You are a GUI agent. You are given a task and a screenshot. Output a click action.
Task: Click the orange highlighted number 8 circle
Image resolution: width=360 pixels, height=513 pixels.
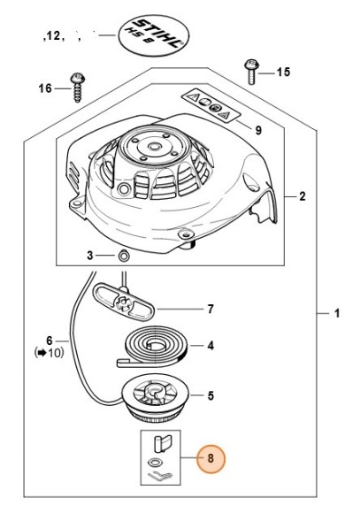pyautogui.click(x=211, y=458)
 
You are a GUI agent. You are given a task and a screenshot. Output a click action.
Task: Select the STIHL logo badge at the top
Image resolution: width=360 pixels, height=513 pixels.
pyautogui.click(x=152, y=34)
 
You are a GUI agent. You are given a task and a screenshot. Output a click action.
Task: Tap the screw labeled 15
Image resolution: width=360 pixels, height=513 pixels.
pyautogui.click(x=251, y=72)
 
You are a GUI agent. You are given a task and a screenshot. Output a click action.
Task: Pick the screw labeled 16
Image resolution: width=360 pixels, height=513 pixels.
pyautogui.click(x=78, y=88)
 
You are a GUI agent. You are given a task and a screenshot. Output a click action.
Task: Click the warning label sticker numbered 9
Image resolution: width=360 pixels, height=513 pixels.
pyautogui.click(x=211, y=105)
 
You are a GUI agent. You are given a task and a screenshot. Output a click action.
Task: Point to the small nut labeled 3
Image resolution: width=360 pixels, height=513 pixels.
pyautogui.click(x=123, y=256)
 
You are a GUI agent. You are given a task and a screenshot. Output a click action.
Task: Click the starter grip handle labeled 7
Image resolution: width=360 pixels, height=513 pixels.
pyautogui.click(x=124, y=302)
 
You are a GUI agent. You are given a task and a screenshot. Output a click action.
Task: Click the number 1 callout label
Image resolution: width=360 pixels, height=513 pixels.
pyautogui.click(x=337, y=313)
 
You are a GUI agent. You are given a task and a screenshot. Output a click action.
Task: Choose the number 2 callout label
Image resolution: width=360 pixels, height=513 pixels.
pyautogui.click(x=303, y=196)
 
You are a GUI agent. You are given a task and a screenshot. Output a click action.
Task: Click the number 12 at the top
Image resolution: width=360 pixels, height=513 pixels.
pyautogui.click(x=53, y=35)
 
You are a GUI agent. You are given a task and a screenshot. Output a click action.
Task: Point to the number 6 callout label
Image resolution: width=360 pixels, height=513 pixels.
pyautogui.click(x=50, y=341)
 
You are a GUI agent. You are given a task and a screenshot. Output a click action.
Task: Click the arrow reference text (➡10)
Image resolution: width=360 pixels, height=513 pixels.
pyautogui.click(x=50, y=353)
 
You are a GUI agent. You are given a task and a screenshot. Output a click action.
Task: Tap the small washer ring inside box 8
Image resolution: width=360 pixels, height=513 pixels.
pyautogui.click(x=153, y=463)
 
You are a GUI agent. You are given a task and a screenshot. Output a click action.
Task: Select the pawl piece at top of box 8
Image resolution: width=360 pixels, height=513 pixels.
pyautogui.click(x=163, y=442)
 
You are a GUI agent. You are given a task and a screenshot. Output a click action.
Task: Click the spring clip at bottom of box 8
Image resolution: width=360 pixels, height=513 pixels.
pyautogui.click(x=160, y=476)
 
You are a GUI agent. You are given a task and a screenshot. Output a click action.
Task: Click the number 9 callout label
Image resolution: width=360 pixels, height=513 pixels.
pyautogui.click(x=258, y=131)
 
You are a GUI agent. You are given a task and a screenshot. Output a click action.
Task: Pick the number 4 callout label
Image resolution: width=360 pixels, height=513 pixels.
pyautogui.click(x=211, y=346)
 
